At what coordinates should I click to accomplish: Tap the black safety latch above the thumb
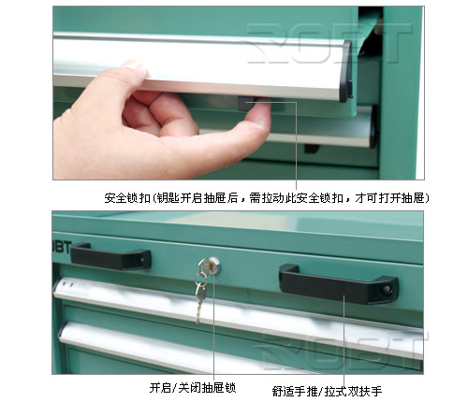[x=246, y=104]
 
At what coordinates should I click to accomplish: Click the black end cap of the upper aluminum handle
[x=346, y=72]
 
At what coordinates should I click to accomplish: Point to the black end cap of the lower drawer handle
[x=373, y=126]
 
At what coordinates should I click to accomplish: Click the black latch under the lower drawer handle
[x=312, y=149]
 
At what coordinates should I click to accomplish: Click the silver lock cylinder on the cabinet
[x=213, y=265]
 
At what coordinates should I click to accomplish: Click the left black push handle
[x=110, y=257]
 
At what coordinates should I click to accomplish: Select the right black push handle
[x=339, y=285]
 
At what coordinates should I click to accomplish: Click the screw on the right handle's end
[x=387, y=289]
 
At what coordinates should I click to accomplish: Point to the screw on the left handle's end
[x=142, y=259]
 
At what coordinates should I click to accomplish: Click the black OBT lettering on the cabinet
[x=63, y=247]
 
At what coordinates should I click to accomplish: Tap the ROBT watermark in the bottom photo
[x=342, y=349]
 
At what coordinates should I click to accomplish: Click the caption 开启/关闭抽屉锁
[x=193, y=388]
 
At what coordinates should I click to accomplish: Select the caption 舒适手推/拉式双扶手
[x=327, y=391]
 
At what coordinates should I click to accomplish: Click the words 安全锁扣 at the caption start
[x=127, y=198]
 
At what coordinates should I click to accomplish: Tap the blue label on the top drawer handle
[x=67, y=285]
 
